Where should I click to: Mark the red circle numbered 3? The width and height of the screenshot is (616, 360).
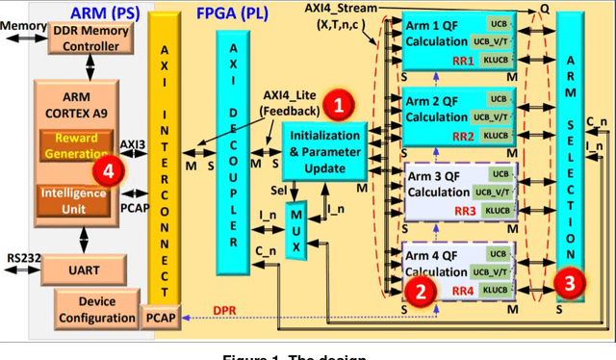pos(570,282)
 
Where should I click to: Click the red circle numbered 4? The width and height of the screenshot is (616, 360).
pos(113,171)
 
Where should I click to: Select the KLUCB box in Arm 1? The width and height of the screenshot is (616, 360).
pos(497,61)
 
